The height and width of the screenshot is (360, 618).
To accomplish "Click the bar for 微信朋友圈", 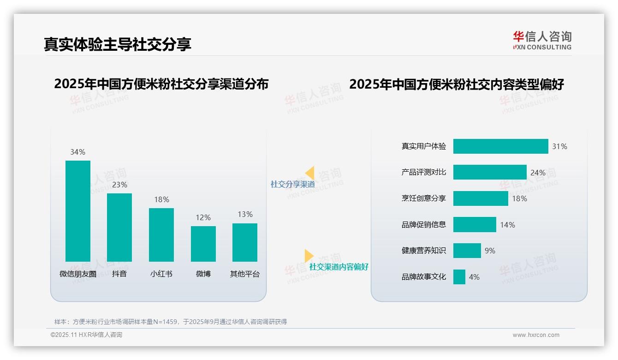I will pyautogui.click(x=78, y=211).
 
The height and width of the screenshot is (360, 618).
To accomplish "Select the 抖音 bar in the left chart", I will pyautogui.click(x=119, y=227).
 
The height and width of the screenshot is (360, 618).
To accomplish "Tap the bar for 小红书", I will pyautogui.click(x=161, y=234).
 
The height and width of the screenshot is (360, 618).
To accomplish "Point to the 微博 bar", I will pyautogui.click(x=203, y=244).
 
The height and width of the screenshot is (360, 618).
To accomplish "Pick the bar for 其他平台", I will pyautogui.click(x=245, y=242).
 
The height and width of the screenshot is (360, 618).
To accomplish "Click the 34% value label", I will pyautogui.click(x=77, y=152).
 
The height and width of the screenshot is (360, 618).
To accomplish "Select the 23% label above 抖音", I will pyautogui.click(x=119, y=185).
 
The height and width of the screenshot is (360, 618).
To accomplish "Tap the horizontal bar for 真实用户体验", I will pyautogui.click(x=500, y=146).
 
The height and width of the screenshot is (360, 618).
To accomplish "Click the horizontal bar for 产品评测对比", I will pyautogui.click(x=490, y=172).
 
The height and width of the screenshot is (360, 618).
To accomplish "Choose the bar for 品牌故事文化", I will pyautogui.click(x=459, y=277).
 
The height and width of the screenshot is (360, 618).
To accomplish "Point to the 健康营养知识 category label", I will pyautogui.click(x=424, y=251).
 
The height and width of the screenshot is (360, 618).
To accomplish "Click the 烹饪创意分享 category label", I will pyautogui.click(x=424, y=198).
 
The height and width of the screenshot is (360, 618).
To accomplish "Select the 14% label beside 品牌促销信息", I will pyautogui.click(x=507, y=225).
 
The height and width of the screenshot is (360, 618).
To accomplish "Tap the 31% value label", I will pyautogui.click(x=559, y=146).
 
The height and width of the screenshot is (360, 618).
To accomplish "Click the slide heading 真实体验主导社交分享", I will pyautogui.click(x=118, y=44).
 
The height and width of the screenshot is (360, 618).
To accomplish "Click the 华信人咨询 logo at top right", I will pyautogui.click(x=542, y=40).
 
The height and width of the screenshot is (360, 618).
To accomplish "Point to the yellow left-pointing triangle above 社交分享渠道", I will pyautogui.click(x=310, y=173).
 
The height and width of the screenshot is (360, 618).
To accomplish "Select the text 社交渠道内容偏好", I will pyautogui.click(x=339, y=267).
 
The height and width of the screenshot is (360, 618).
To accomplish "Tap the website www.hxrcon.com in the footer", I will pyautogui.click(x=536, y=335).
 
